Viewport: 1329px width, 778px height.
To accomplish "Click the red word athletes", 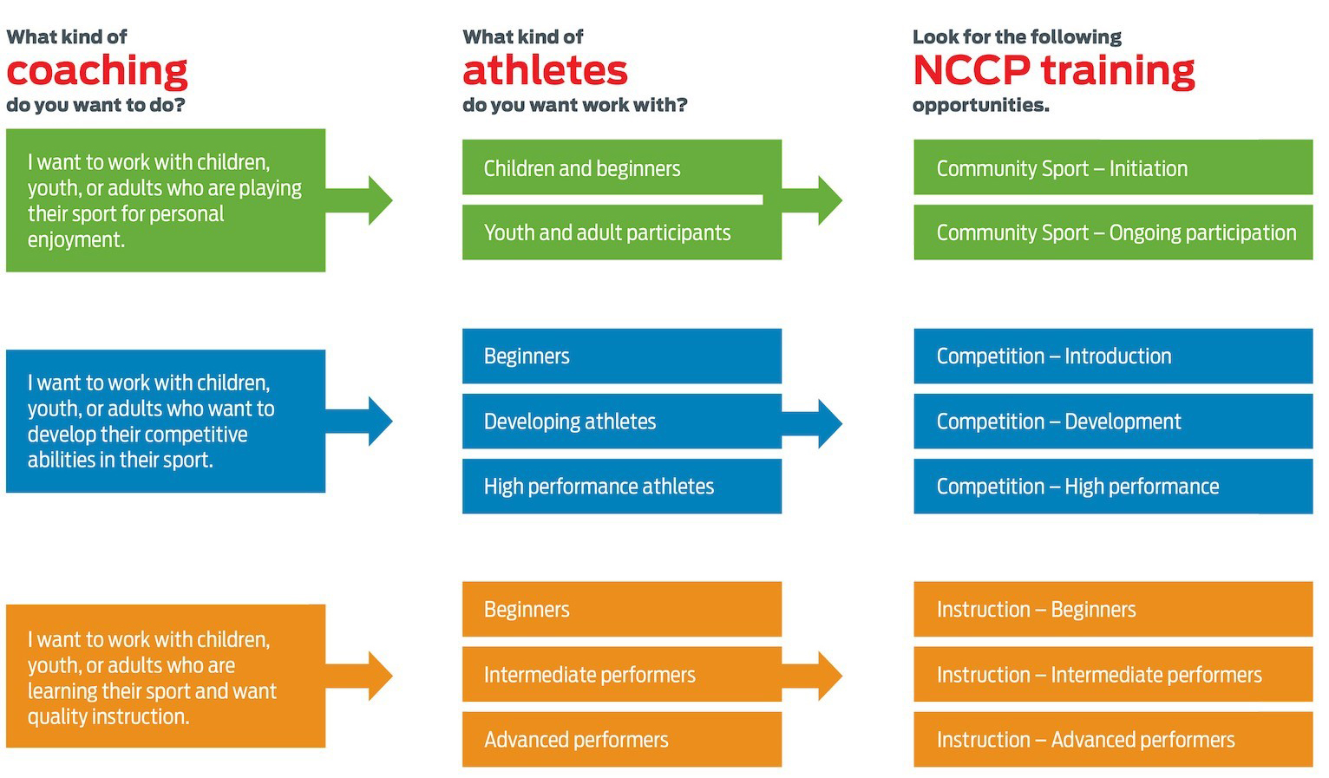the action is [545, 70].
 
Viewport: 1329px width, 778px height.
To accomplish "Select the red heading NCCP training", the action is [1054, 70].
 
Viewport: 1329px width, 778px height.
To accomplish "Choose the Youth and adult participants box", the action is [622, 232].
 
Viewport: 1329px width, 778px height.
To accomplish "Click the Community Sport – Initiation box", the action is [1113, 167].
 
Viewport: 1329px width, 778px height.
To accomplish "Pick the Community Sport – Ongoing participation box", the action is [1113, 232].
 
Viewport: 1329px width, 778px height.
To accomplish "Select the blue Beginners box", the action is [622, 356].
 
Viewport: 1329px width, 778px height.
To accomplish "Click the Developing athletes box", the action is [622, 421].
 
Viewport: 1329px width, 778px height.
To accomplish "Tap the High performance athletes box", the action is [622, 487].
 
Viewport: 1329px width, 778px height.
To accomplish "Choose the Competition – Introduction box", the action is [1113, 356].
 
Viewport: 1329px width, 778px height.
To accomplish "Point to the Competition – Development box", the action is [1113, 421].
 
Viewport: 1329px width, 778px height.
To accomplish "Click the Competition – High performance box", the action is [1113, 487].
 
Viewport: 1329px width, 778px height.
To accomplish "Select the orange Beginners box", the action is [622, 609].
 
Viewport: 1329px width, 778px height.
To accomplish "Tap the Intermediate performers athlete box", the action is [622, 674].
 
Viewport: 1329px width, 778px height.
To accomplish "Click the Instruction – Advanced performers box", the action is [1113, 740].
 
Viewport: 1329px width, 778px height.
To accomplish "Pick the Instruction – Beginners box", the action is [1113, 609].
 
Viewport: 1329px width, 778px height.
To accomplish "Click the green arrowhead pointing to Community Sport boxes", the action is [830, 199].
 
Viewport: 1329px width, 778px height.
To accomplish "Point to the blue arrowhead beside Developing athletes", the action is [830, 423].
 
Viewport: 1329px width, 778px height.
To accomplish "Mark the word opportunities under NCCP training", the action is [981, 106].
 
